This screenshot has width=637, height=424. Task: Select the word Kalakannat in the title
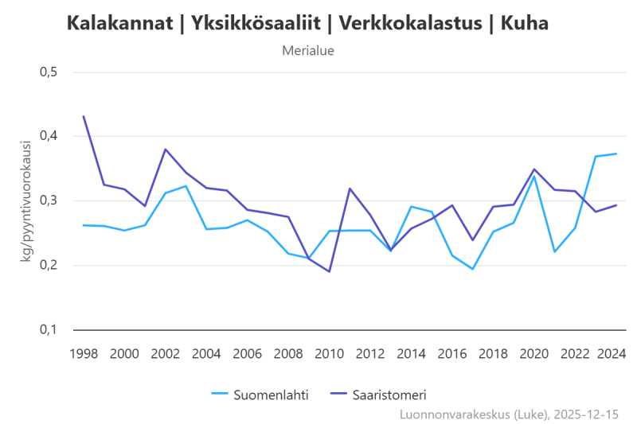[119, 24]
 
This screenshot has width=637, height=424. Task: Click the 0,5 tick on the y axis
[49, 72]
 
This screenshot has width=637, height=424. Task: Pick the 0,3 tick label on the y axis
[49, 200]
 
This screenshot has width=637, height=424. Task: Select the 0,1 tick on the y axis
[49, 329]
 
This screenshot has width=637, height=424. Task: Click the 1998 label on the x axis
[84, 352]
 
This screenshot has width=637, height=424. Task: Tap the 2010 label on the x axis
[329, 352]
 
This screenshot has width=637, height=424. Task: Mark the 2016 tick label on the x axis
[451, 352]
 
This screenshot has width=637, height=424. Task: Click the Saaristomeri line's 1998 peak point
[84, 116]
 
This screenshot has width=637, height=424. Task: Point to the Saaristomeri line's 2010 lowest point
[329, 271]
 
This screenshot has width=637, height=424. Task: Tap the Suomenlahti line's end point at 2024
[616, 154]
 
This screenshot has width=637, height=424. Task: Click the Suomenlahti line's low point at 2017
[472, 269]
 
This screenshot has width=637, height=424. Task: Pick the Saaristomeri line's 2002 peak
[166, 149]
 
